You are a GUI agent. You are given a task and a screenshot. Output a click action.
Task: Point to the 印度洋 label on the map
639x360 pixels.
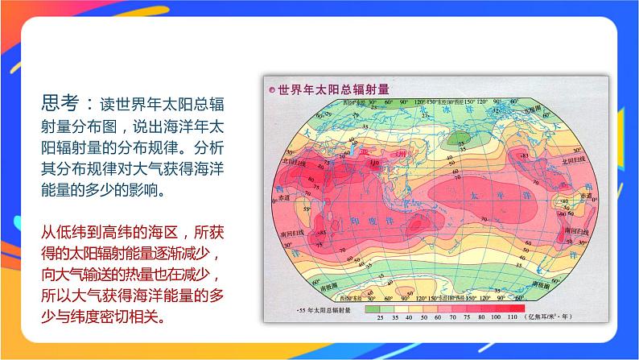tap(378, 221)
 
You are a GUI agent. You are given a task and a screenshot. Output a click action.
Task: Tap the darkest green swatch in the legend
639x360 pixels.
tap(372, 308)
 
